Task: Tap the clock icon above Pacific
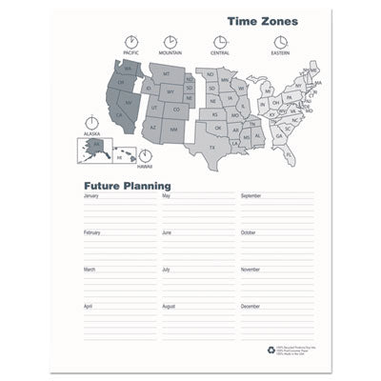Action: coord(130,42)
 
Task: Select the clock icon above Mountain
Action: coord(170,42)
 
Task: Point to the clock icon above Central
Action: coord(220,42)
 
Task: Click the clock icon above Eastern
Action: coord(280,42)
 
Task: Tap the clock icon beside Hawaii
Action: coord(145,154)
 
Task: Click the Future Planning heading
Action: coord(127,186)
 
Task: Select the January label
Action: coord(91,196)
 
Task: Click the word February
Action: coord(92,232)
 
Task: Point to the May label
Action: coord(166,196)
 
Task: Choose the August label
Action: coord(169,307)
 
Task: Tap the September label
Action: coord(251,196)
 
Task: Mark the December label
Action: coord(250,307)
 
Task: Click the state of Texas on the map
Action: coord(211,145)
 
